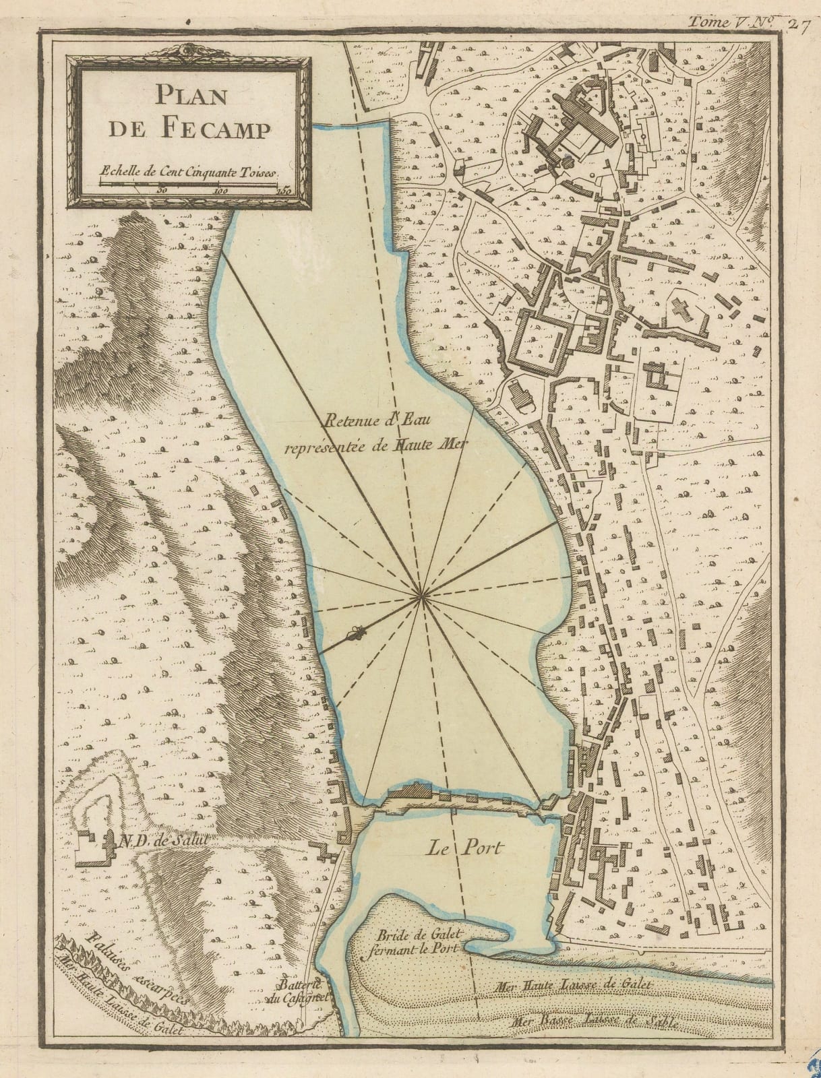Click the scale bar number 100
tap(220, 191)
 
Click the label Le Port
tap(464, 848)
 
